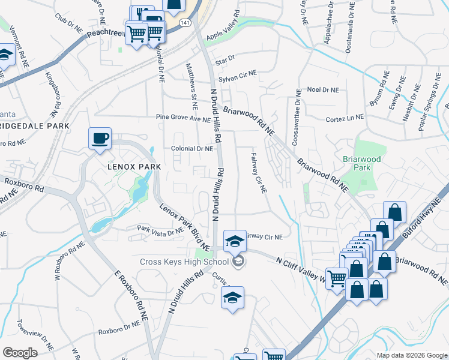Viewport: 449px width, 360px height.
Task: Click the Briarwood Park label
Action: coord(357,163)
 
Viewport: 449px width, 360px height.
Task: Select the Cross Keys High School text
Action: coord(184,262)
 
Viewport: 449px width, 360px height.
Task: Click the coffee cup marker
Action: coord(100,138)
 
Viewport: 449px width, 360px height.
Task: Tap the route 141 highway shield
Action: coord(185,22)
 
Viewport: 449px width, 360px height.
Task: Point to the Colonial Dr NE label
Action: coord(192,148)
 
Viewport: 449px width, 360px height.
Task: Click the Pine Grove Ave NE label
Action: coord(183,119)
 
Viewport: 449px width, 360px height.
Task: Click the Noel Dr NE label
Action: coord(323,89)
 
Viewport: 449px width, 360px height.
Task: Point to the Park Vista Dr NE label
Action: coord(160,230)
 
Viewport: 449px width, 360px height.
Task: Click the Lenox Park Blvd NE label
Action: coord(184,227)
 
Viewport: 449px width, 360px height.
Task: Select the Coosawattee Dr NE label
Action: coord(296,118)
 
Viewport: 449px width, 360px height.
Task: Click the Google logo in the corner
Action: coord(20,353)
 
